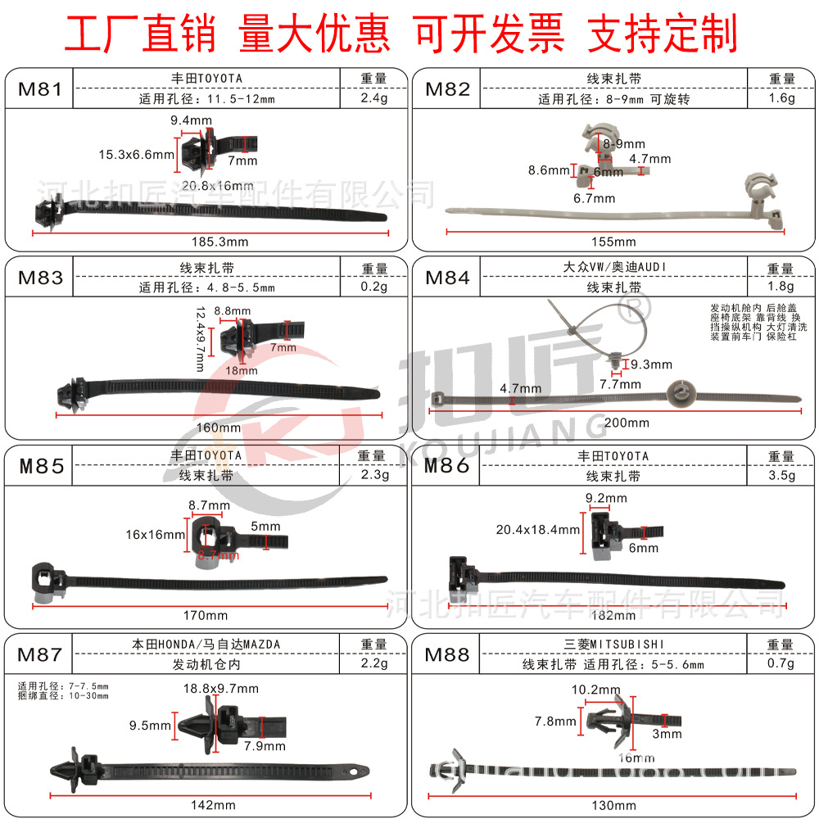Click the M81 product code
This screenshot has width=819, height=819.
(39, 88)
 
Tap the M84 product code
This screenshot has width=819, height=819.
(447, 278)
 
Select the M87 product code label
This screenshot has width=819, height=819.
(39, 654)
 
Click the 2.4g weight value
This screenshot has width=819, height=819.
(373, 99)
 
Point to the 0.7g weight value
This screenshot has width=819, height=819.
(781, 664)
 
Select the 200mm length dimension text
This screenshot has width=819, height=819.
(627, 423)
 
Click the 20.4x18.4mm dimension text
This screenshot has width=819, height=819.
(537, 529)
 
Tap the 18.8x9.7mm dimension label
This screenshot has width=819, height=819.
(219, 688)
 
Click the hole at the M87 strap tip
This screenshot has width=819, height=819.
(355, 771)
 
